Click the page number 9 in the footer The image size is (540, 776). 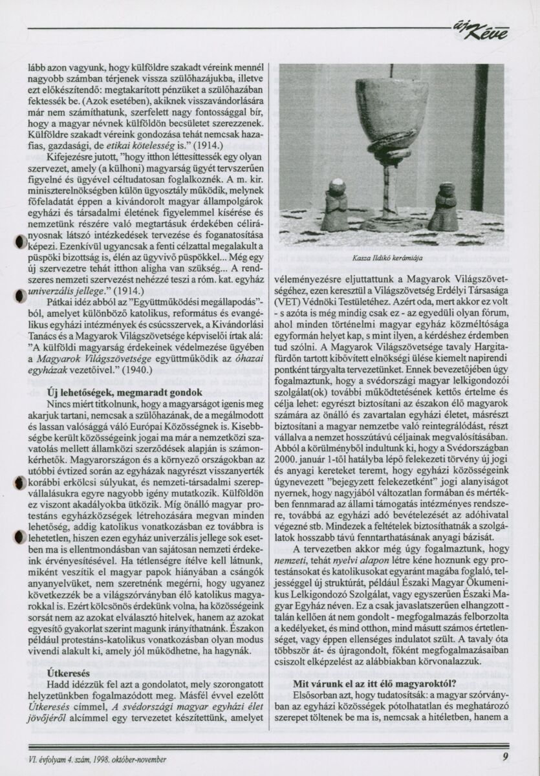tap(504, 759)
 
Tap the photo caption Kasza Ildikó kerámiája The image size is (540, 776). tap(387, 257)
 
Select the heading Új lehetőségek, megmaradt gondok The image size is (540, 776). tap(125, 393)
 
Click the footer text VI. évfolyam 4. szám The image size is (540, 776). tap(63, 759)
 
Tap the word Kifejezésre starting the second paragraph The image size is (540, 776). tap(72, 157)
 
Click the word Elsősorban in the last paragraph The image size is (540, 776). tap(316, 695)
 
